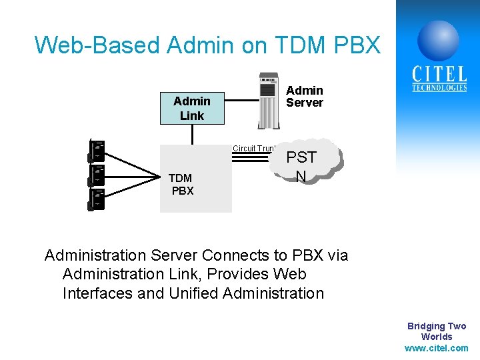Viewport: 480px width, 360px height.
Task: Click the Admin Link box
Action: pos(192,108)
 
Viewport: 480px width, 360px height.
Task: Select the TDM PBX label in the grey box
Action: pos(181,184)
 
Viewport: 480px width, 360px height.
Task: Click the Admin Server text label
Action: pos(305,97)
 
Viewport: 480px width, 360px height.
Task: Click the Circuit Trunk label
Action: pos(253,147)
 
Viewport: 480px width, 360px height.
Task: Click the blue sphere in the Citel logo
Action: pos(438,40)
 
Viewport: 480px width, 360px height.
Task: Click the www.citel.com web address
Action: pos(437,348)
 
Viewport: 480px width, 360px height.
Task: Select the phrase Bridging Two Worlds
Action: pos(437,331)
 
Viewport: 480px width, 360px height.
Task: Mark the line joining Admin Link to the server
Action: pos(240,102)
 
